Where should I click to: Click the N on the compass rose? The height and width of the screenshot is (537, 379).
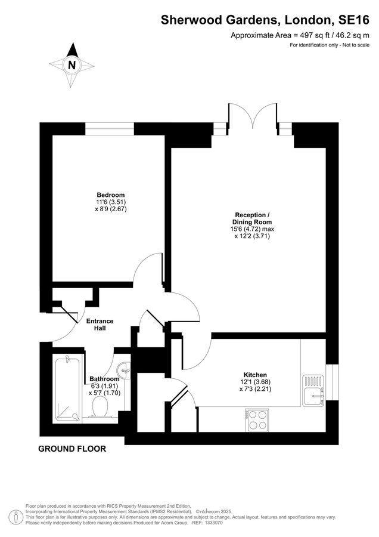[72, 65]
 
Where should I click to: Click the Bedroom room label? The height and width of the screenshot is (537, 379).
[111, 195]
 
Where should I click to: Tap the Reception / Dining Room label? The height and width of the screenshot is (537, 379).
[253, 218]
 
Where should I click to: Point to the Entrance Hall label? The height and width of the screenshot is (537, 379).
[100, 325]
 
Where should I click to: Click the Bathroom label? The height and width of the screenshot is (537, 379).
[104, 379]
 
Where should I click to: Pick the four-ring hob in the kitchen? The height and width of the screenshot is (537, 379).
[257, 419]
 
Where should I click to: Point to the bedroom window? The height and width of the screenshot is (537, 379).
[110, 128]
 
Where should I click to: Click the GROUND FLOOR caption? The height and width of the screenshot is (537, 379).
[72, 449]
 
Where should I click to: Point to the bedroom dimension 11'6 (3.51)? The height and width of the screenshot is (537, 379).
[111, 202]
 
